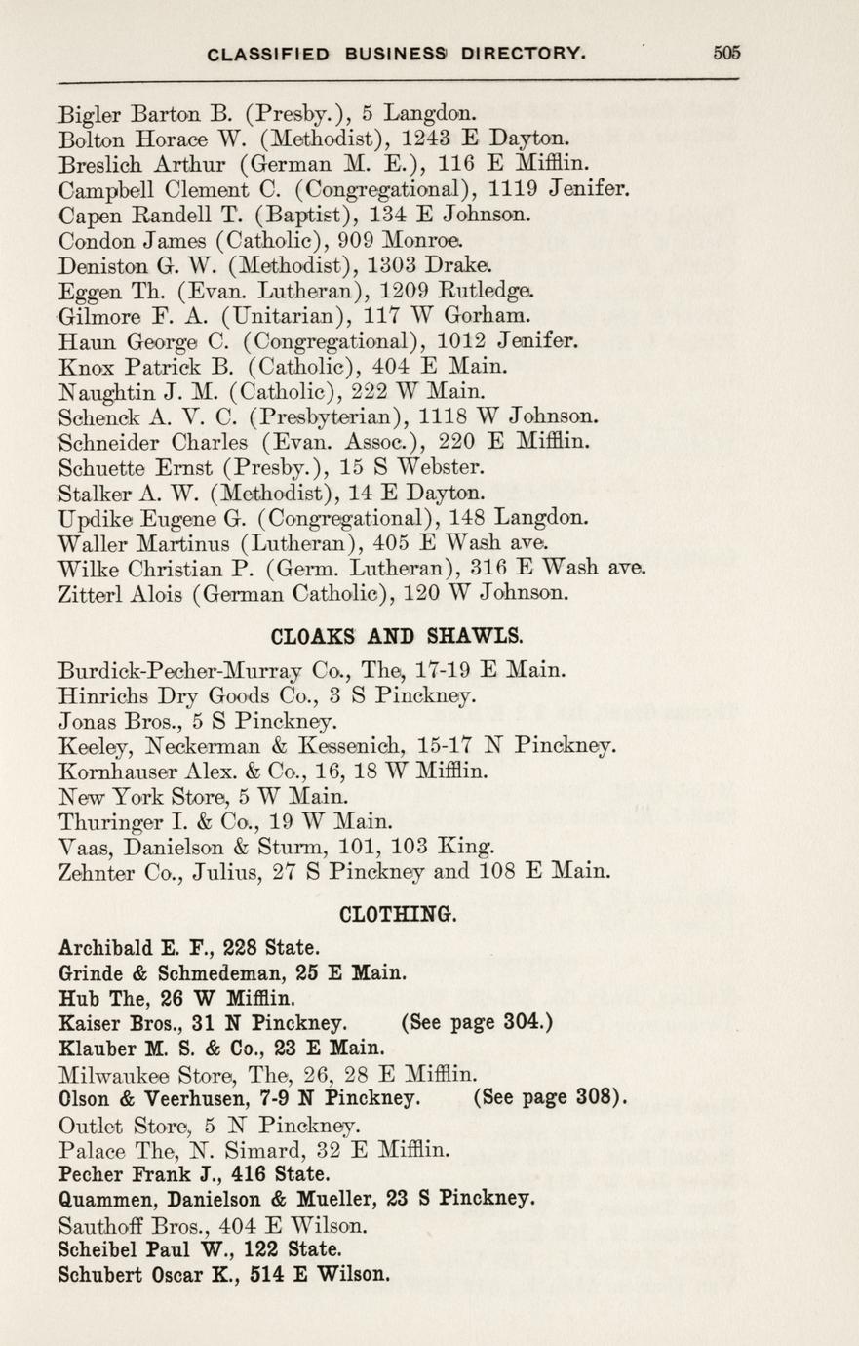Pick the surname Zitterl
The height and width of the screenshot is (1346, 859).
click(x=90, y=592)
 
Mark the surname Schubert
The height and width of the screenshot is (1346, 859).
click(x=98, y=1274)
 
